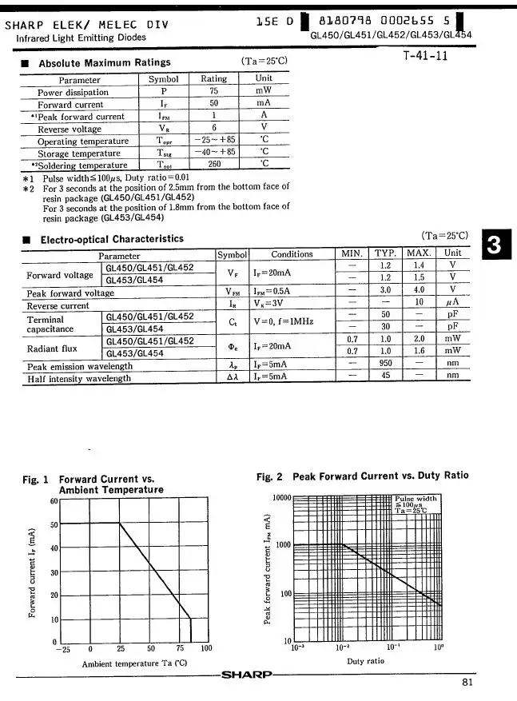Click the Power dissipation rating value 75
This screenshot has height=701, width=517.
(x=213, y=91)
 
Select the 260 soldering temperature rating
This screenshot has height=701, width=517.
(x=213, y=164)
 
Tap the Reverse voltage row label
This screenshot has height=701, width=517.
(x=70, y=128)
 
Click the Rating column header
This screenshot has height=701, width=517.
(x=213, y=78)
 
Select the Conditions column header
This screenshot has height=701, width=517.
(x=292, y=253)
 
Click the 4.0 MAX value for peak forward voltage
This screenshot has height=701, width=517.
(x=419, y=290)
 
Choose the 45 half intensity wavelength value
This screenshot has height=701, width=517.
(x=385, y=376)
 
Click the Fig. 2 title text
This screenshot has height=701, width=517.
(x=362, y=476)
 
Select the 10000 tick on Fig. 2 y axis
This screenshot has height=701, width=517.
(x=280, y=498)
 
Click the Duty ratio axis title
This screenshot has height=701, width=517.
(x=366, y=661)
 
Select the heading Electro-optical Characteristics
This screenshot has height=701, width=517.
(x=112, y=239)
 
